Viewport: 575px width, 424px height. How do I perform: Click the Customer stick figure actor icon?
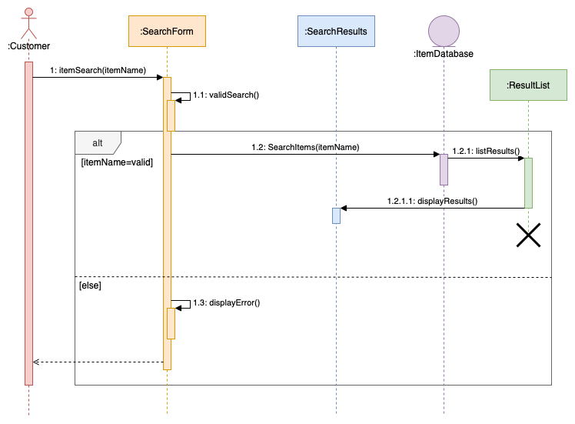pyautogui.click(x=28, y=23)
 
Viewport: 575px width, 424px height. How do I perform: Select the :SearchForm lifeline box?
pyautogui.click(x=167, y=32)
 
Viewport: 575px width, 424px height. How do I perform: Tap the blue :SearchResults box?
pyautogui.click(x=336, y=32)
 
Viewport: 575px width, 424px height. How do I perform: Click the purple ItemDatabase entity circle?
pyautogui.click(x=444, y=31)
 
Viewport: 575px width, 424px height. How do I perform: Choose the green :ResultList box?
pyautogui.click(x=528, y=85)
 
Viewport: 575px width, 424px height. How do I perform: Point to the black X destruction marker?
pyautogui.click(x=528, y=235)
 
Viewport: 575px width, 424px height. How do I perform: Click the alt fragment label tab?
pyautogui.click(x=97, y=142)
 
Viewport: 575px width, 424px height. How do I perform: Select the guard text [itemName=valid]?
pyautogui.click(x=117, y=162)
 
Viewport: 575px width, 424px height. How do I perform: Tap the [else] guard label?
pyautogui.click(x=90, y=285)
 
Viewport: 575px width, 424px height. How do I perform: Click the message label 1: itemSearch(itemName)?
pyautogui.click(x=98, y=70)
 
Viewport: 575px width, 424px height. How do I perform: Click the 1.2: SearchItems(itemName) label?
pyautogui.click(x=305, y=146)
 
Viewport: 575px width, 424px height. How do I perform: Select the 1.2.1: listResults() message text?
pyautogui.click(x=486, y=151)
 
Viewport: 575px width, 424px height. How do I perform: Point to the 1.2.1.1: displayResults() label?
pyautogui.click(x=432, y=201)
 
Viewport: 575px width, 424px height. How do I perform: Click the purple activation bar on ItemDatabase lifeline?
pyautogui.click(x=444, y=169)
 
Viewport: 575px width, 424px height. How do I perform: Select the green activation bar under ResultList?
pyautogui.click(x=528, y=182)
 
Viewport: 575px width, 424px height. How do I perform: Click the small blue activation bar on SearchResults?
pyautogui.click(x=336, y=215)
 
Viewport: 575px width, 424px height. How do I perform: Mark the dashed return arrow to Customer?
pyautogui.click(x=98, y=362)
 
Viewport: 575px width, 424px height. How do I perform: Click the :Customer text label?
pyautogui.click(x=28, y=46)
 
